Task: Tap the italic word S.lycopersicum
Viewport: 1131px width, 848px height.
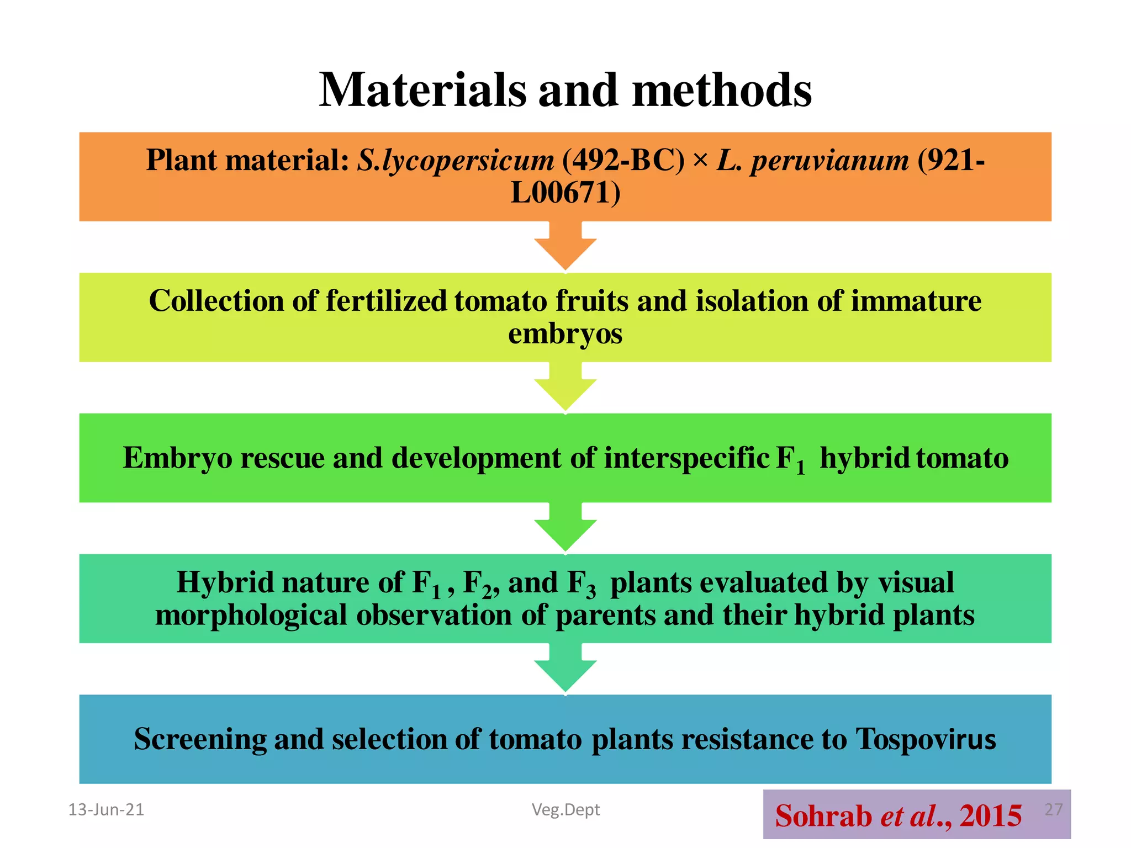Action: point(455,161)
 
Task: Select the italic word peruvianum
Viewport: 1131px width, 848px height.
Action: point(829,161)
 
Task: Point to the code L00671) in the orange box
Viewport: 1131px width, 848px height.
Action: point(565,193)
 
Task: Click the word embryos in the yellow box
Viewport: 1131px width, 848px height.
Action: point(565,334)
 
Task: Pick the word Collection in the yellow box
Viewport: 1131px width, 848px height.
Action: point(216,301)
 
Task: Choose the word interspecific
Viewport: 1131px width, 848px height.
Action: point(686,458)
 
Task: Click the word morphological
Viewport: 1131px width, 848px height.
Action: point(251,615)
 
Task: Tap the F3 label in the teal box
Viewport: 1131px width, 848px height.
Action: point(582,584)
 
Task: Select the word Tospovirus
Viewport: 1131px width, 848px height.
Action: point(926,739)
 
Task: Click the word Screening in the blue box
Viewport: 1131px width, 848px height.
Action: point(200,739)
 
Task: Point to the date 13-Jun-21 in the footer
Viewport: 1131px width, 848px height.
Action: point(106,810)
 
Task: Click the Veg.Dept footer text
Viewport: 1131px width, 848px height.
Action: point(565,810)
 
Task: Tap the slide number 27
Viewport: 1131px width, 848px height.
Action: point(1053,809)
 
